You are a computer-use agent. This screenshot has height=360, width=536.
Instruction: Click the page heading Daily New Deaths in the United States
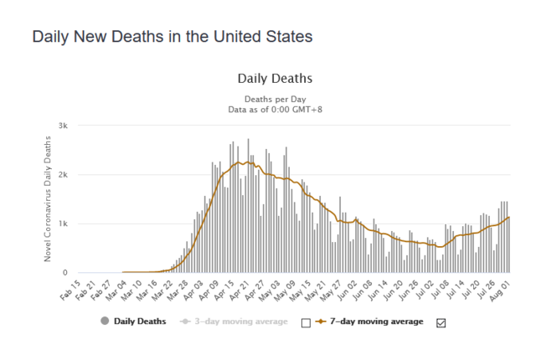172,38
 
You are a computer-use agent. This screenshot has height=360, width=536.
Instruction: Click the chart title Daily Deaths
275,79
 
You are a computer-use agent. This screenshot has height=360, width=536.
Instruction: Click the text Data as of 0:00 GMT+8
275,109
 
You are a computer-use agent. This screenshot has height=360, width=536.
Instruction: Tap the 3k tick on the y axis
74,126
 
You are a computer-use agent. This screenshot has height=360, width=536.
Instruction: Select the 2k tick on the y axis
74,175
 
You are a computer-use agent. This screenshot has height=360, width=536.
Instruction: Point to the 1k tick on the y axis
74,224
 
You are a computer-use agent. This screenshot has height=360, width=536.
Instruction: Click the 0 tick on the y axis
76,273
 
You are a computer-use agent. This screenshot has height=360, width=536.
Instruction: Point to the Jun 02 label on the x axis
348,290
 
